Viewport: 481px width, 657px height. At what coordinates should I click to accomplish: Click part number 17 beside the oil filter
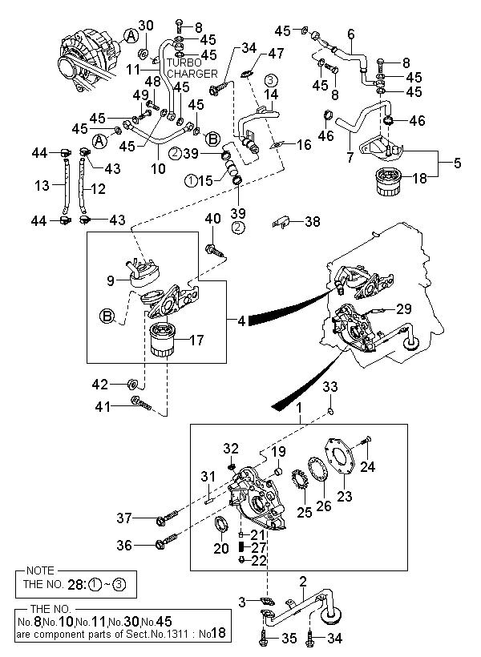(196, 340)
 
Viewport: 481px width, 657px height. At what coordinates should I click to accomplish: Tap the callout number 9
(111, 281)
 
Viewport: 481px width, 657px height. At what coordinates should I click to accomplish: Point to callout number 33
(330, 387)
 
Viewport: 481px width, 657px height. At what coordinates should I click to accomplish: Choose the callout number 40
(212, 219)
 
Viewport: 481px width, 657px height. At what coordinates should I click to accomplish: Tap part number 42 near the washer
(122, 383)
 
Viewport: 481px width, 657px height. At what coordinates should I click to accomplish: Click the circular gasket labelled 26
(315, 473)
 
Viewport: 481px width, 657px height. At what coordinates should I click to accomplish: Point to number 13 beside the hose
(42, 186)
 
